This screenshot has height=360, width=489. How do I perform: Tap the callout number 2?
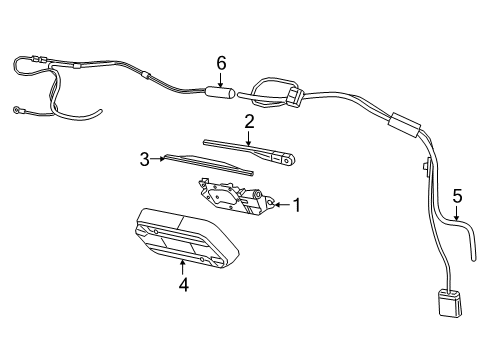(249, 122)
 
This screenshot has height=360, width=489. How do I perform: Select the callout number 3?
(144, 158)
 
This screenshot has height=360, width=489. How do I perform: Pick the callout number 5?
(456, 197)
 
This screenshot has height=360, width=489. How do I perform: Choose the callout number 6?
(221, 63)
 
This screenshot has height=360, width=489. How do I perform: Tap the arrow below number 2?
(249, 139)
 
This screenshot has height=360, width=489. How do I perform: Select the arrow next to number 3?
(159, 157)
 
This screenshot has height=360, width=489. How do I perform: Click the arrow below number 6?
(221, 80)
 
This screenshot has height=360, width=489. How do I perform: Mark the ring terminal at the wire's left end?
(18, 110)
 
